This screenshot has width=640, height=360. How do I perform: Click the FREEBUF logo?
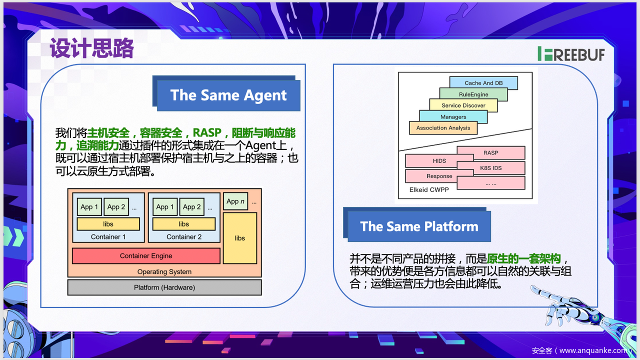click(571, 54)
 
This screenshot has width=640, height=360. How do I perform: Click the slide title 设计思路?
click(92, 49)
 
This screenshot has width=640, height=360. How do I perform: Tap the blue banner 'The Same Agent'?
click(228, 95)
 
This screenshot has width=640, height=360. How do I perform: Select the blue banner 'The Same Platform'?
click(419, 226)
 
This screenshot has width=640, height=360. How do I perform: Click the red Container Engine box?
click(146, 256)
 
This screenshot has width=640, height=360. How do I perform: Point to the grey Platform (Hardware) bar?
click(164, 287)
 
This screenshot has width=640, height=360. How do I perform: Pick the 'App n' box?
click(235, 201)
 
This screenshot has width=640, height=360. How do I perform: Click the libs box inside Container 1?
click(108, 224)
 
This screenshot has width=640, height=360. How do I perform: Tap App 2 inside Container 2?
click(192, 207)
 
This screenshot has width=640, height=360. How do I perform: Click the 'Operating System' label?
click(164, 272)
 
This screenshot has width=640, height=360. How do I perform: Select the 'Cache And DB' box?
click(483, 83)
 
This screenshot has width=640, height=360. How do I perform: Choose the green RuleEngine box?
click(473, 94)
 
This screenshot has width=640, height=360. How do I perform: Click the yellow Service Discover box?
click(463, 105)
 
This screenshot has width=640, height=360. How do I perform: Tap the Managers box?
click(453, 116)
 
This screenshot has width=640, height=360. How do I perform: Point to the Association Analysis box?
click(443, 128)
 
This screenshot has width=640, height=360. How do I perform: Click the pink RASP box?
click(491, 152)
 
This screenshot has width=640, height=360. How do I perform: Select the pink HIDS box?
click(431, 161)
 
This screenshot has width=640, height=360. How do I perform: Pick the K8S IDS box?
click(491, 168)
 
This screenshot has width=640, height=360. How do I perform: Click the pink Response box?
click(439, 176)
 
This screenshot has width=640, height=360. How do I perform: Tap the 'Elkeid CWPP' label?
click(429, 190)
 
